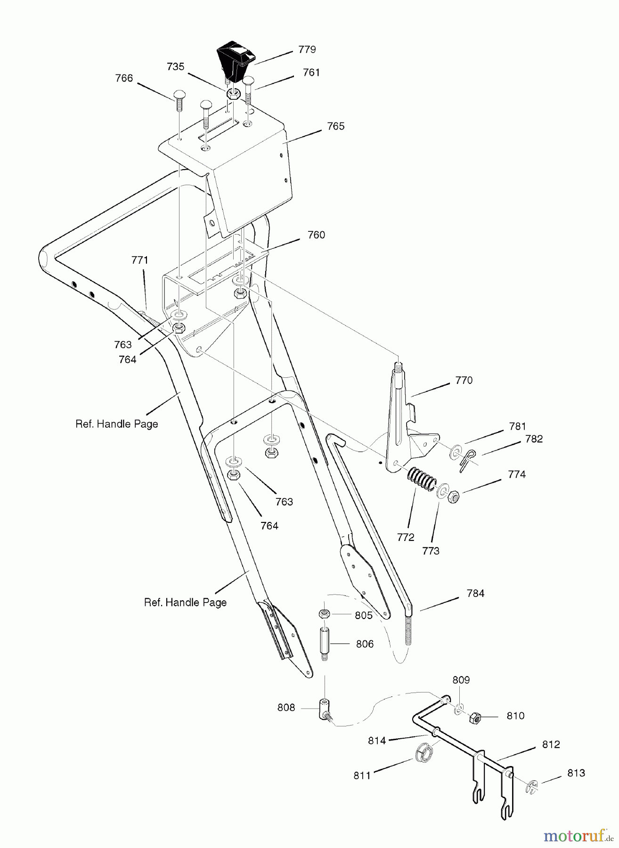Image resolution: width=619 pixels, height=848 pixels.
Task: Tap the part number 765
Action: tap(335, 126)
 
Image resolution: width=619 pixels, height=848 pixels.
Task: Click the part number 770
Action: tap(464, 380)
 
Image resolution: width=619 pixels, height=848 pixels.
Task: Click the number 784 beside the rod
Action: tap(475, 594)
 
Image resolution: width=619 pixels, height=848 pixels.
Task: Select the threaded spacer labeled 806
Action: tap(325, 644)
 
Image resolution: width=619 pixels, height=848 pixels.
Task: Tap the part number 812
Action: tap(551, 744)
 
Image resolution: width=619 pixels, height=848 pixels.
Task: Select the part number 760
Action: tap(316, 235)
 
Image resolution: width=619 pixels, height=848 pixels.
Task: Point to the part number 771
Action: tap(139, 260)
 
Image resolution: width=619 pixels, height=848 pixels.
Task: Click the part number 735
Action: tap(175, 67)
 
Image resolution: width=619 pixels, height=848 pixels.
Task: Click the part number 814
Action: tap(377, 741)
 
